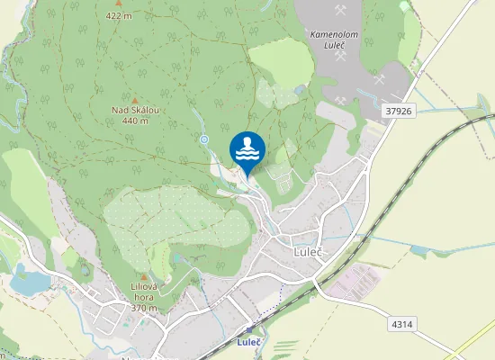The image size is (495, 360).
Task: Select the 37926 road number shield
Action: click(397, 111)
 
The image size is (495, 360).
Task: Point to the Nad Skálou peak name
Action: click(135, 111)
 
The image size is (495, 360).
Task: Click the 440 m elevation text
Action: click(135, 121)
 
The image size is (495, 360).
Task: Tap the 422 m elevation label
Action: click(118, 15)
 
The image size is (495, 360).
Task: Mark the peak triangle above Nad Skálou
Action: click(135, 100)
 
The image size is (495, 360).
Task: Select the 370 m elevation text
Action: click(144, 308)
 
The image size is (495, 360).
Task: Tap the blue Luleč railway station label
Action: click(249, 342)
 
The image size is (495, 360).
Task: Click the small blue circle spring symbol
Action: click(204, 139)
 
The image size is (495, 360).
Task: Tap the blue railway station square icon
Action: click(249, 330)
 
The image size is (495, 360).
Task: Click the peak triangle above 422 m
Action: click(118, 4)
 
